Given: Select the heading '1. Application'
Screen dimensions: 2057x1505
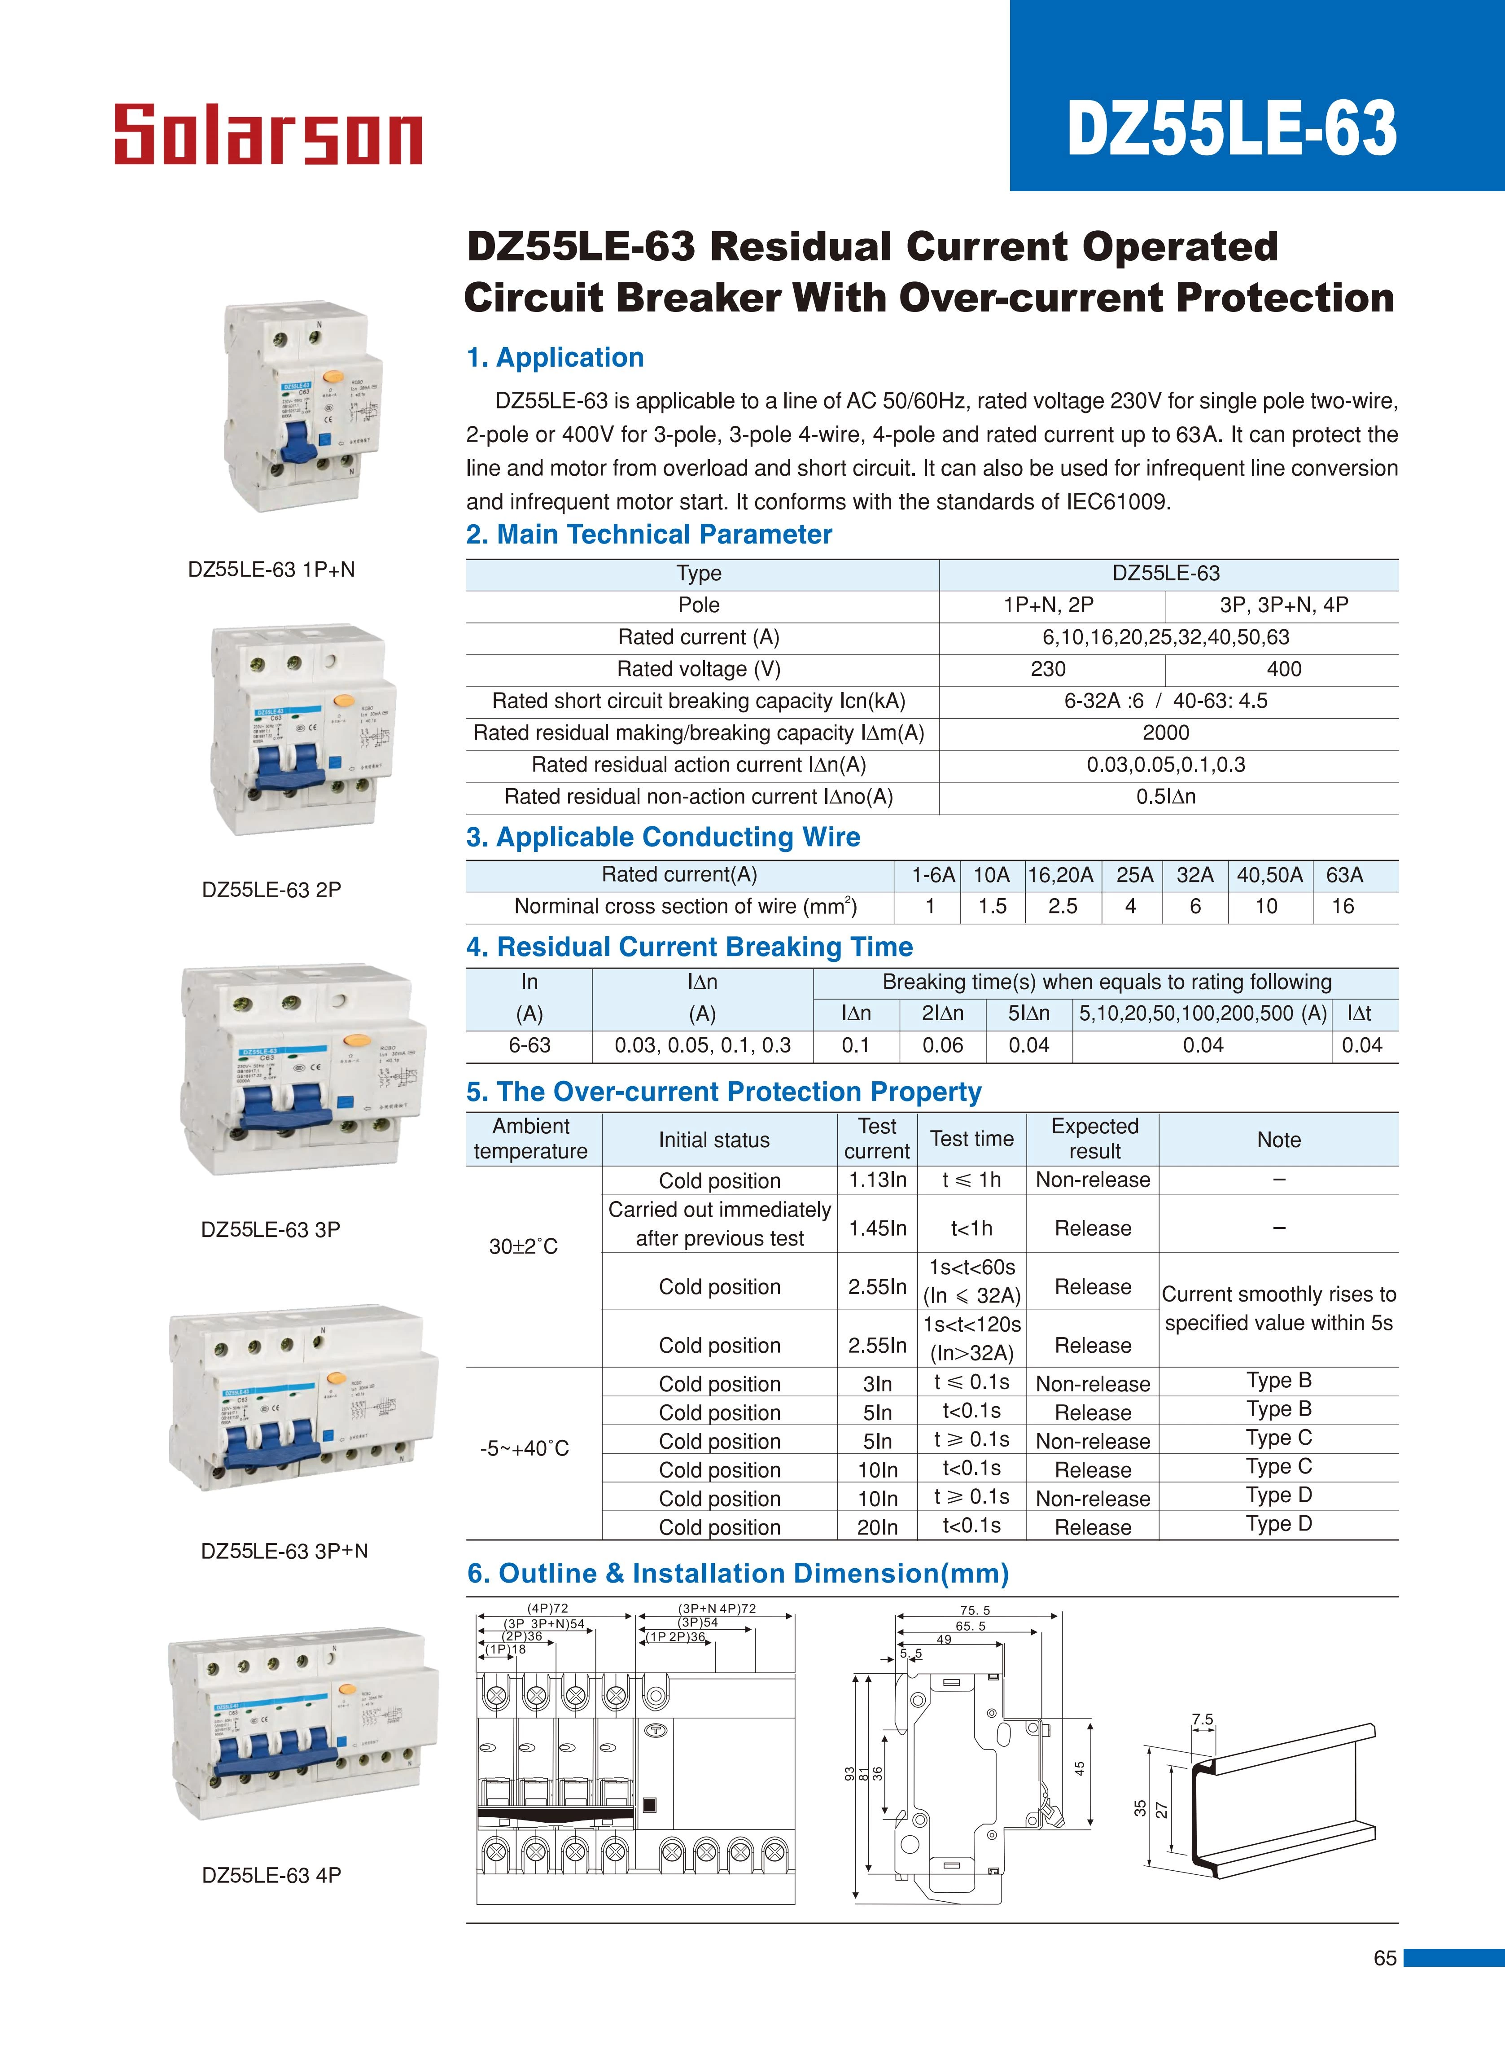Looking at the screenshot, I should click(555, 358).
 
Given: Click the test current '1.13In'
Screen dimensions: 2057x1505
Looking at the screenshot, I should click(877, 1180).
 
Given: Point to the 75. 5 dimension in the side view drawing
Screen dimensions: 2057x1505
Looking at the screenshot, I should click(975, 1610).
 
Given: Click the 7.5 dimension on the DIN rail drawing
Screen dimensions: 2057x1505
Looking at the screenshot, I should click(1203, 1720).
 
